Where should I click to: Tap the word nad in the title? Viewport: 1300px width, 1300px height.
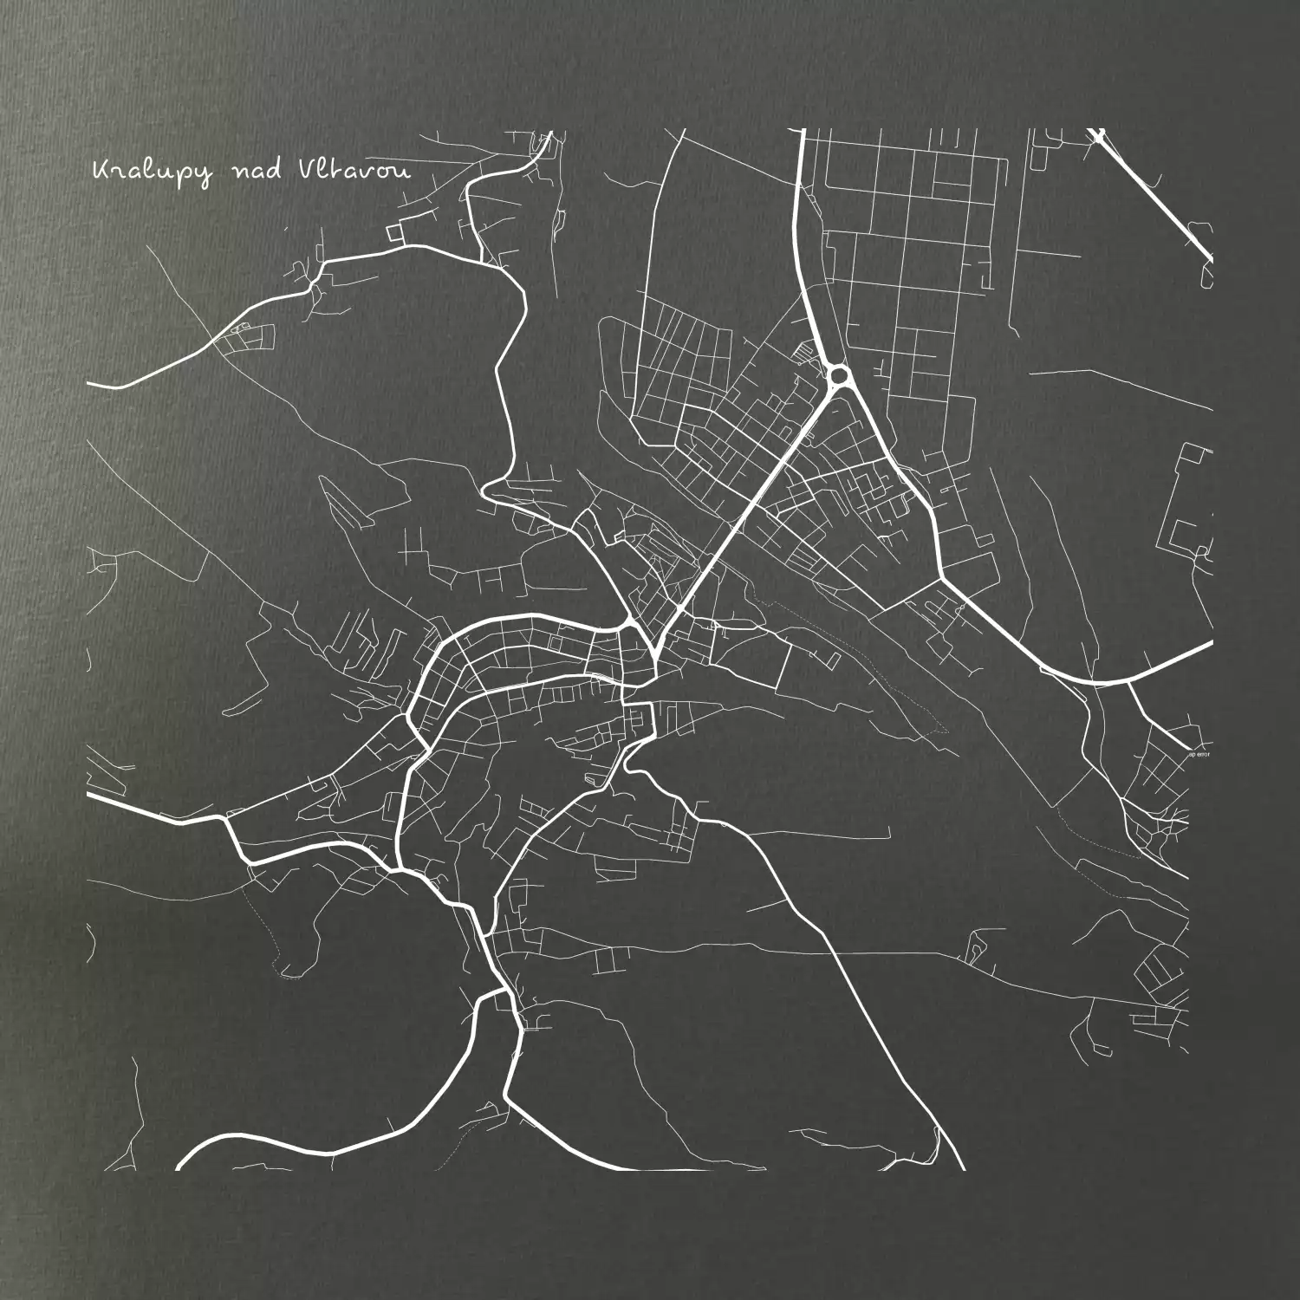tap(257, 171)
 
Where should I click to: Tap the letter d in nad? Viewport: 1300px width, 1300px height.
tap(274, 169)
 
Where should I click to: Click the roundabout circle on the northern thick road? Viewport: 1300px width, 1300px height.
tap(838, 376)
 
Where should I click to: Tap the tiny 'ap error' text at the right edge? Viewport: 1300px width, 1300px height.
tap(1199, 754)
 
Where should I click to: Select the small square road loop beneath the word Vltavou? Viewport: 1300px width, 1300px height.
tap(395, 232)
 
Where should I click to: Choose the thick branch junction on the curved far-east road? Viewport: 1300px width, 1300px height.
tap(1127, 681)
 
